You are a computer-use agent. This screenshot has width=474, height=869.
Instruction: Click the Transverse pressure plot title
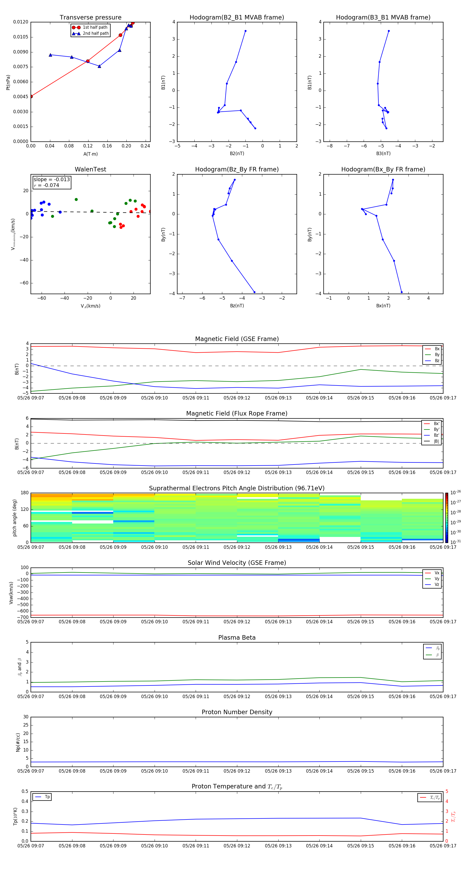click(x=90, y=18)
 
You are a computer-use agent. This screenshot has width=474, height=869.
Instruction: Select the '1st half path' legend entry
click(x=95, y=27)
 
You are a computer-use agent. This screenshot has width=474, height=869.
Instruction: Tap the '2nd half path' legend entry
click(x=96, y=33)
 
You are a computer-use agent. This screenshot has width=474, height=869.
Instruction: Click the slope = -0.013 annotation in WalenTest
click(x=51, y=180)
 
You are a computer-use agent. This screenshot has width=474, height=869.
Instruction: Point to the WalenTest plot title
click(x=90, y=169)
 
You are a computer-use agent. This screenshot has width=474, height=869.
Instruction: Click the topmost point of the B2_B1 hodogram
click(x=245, y=31)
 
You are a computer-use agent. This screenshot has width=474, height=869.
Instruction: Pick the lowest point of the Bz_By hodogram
click(x=254, y=292)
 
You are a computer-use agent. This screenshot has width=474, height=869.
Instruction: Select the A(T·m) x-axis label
click(x=90, y=154)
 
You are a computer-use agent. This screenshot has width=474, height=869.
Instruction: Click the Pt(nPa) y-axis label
click(x=8, y=82)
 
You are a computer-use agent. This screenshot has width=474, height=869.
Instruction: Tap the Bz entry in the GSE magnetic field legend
click(x=437, y=361)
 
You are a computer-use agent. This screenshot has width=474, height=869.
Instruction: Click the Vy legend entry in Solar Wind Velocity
click(x=437, y=579)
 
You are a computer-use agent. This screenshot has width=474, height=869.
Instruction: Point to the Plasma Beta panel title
click(x=237, y=638)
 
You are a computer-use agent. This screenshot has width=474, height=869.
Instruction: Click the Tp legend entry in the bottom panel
click(x=47, y=797)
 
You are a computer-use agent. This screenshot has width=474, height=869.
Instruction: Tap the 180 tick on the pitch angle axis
click(x=25, y=493)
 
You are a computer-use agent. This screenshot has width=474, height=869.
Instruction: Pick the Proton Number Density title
click(x=237, y=712)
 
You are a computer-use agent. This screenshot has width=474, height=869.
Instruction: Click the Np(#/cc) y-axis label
click(x=18, y=742)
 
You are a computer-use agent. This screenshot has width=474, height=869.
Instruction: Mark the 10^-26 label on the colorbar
click(x=456, y=492)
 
